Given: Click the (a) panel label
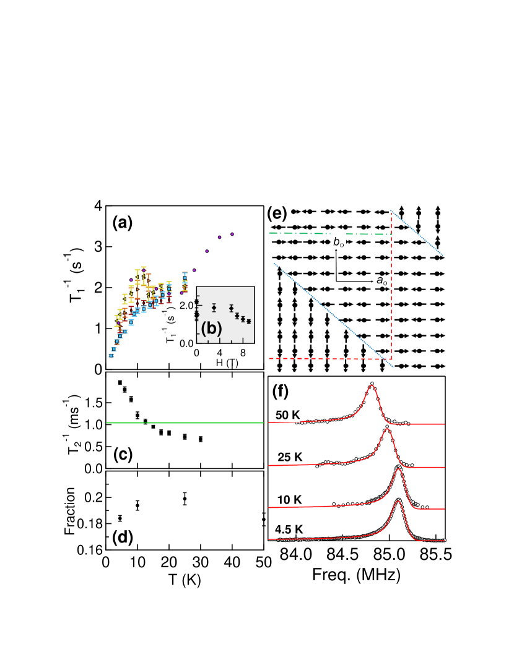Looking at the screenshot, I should point(122,222).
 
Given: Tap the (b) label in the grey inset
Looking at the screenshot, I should point(211,328).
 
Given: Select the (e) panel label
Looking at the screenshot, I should point(277,213).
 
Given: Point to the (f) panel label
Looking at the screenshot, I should point(281,391).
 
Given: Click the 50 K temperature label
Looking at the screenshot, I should point(287,415).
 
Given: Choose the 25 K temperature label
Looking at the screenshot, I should point(290,457).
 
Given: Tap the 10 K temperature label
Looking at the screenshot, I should point(288,499).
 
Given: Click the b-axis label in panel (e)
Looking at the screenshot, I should point(339,242).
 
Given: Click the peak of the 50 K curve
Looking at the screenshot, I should point(372,384).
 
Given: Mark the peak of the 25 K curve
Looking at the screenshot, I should point(387,427).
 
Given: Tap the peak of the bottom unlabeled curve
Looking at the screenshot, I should point(399,499).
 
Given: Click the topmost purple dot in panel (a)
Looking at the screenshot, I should point(232,234).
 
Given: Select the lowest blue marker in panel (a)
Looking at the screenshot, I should point(111,355).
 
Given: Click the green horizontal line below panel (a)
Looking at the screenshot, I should point(186,423).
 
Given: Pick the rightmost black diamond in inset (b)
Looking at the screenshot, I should point(248,321).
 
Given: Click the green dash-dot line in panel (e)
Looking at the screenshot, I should point(328,233).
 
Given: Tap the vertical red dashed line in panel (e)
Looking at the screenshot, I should point(391,285).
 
